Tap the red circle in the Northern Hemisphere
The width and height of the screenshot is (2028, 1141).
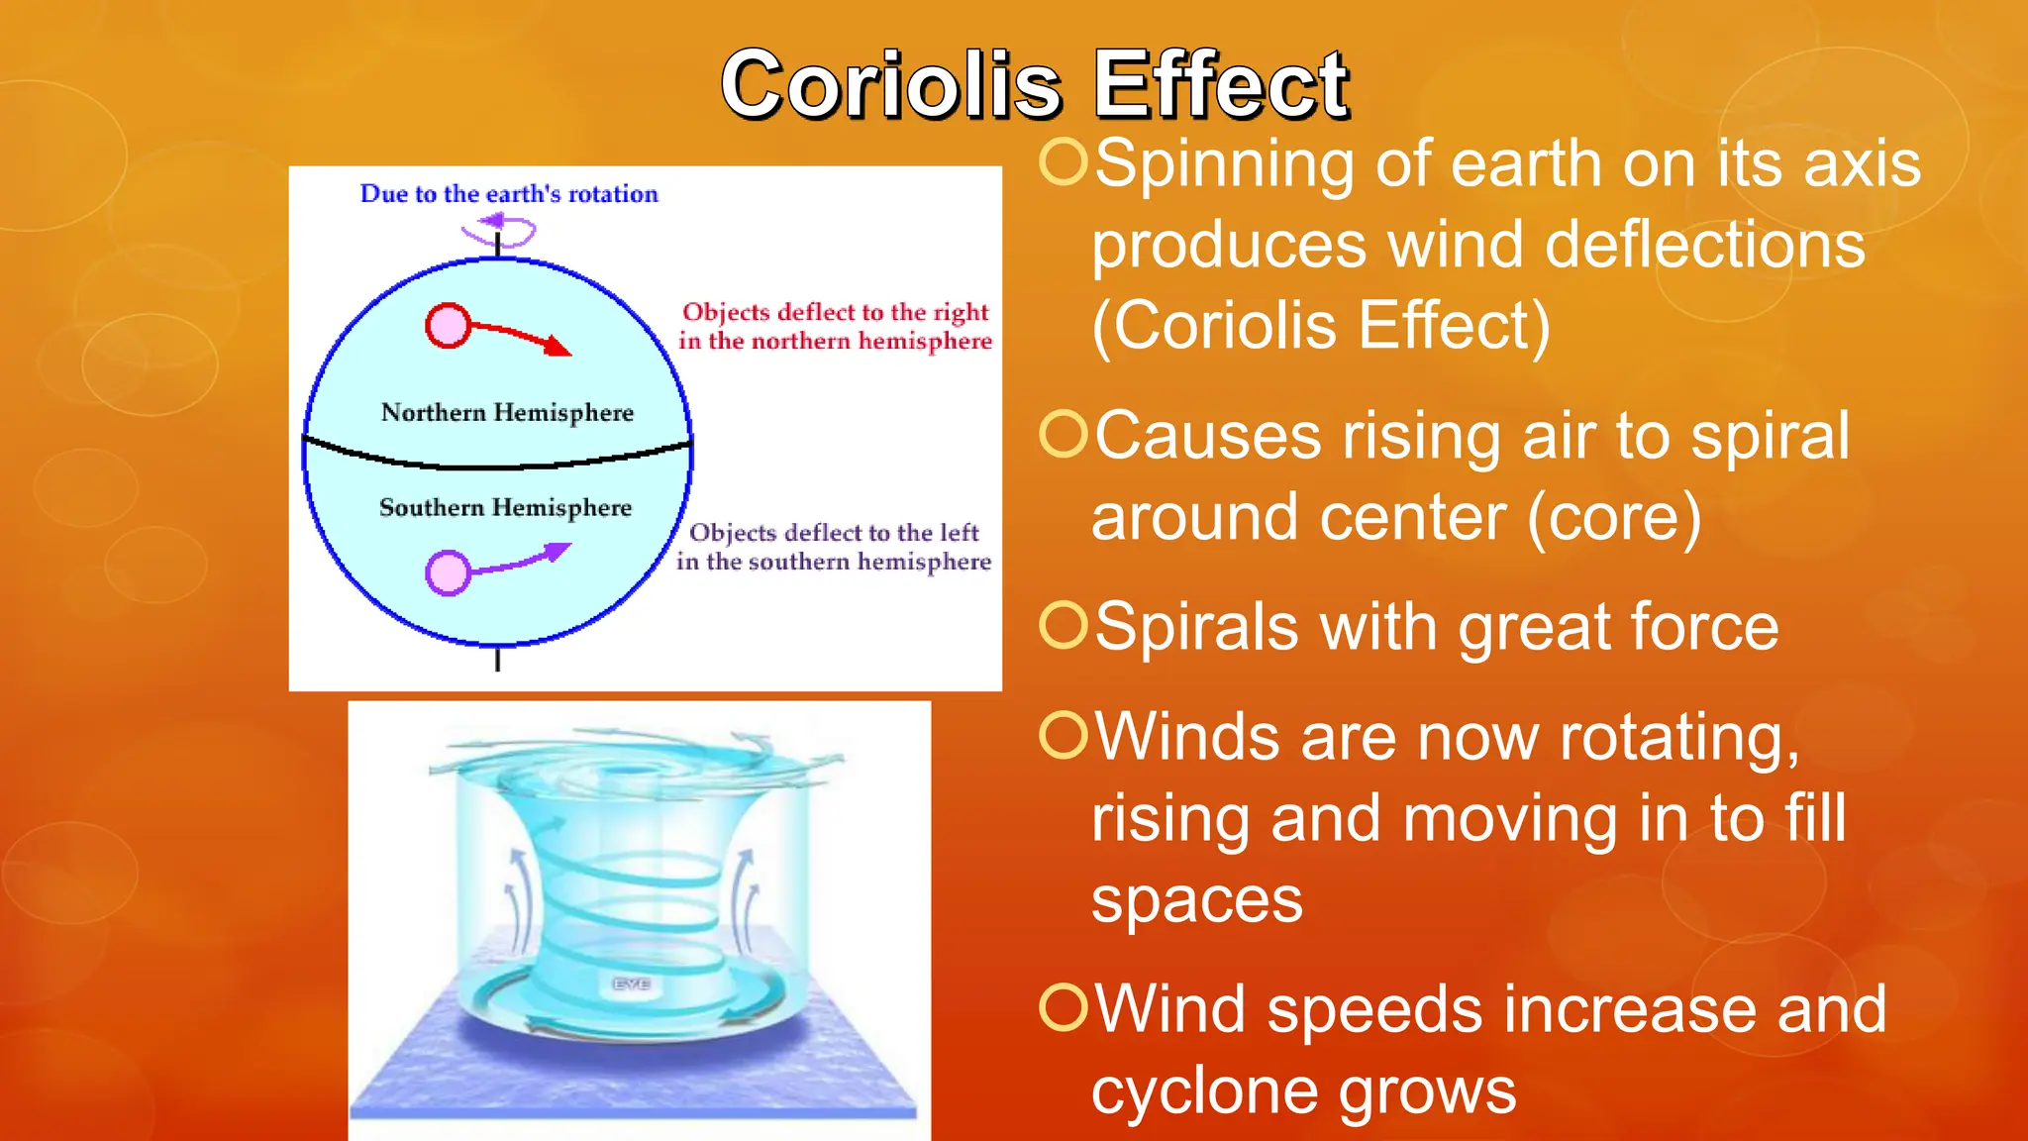448,326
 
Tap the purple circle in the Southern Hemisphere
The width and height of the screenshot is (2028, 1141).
448,572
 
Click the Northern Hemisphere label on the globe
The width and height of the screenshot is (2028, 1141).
507,412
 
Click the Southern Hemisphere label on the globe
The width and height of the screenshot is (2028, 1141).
505,507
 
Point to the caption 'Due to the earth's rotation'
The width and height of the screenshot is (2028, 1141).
509,194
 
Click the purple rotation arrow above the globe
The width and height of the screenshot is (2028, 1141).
498,230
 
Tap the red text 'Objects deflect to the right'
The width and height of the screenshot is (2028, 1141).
835,313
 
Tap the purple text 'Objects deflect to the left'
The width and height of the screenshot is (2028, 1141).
834,533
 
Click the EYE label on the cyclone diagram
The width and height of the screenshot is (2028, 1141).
631,984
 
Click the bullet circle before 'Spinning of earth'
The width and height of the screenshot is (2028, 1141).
1065,161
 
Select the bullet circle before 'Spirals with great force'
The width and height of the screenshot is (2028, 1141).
1065,625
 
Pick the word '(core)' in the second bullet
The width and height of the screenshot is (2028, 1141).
1613,517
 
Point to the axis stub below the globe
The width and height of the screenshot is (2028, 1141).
497,659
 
